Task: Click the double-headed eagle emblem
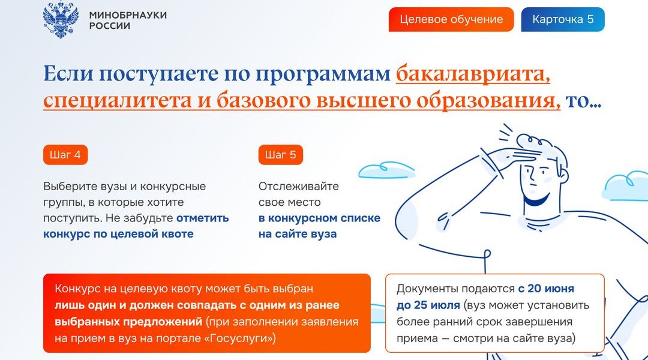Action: (61, 20)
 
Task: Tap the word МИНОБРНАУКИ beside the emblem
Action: (128, 15)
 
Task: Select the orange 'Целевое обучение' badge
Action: (451, 19)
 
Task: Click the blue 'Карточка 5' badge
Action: (563, 19)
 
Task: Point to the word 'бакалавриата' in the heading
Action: (473, 74)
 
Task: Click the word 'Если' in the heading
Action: (68, 74)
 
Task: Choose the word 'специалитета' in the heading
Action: (118, 101)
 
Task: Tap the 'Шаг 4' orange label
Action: (65, 155)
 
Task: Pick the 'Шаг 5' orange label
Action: (281, 155)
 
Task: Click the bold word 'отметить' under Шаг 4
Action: (203, 218)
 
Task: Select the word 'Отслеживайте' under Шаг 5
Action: (299, 187)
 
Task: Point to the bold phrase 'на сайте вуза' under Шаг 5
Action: (298, 234)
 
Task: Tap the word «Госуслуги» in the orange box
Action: (241, 338)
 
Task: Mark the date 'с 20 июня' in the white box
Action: (546, 289)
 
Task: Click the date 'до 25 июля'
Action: (428, 305)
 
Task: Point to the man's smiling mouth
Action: (536, 199)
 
